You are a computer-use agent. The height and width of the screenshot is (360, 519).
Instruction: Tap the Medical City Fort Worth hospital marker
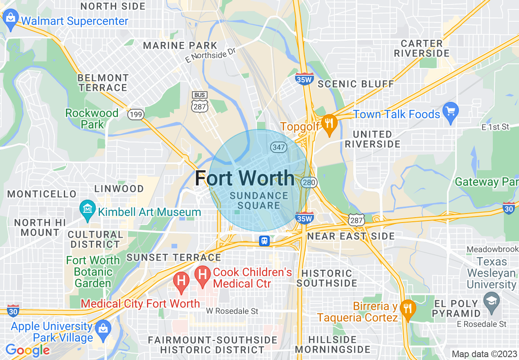click(x=181, y=281)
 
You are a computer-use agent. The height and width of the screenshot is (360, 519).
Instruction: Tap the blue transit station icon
click(x=264, y=241)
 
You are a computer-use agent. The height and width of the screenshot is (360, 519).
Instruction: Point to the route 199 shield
click(x=135, y=115)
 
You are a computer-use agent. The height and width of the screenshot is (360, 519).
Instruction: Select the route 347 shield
click(x=277, y=147)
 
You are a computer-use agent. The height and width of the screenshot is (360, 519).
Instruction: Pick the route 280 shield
click(x=309, y=182)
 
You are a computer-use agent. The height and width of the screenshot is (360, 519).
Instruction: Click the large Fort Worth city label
click(x=244, y=178)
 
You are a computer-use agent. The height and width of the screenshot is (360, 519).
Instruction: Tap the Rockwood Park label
click(x=92, y=119)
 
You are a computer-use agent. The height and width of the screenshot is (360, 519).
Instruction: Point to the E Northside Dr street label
click(x=212, y=54)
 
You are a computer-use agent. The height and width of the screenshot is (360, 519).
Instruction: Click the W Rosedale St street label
click(x=232, y=311)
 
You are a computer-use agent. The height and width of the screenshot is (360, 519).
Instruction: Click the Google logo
click(x=27, y=350)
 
